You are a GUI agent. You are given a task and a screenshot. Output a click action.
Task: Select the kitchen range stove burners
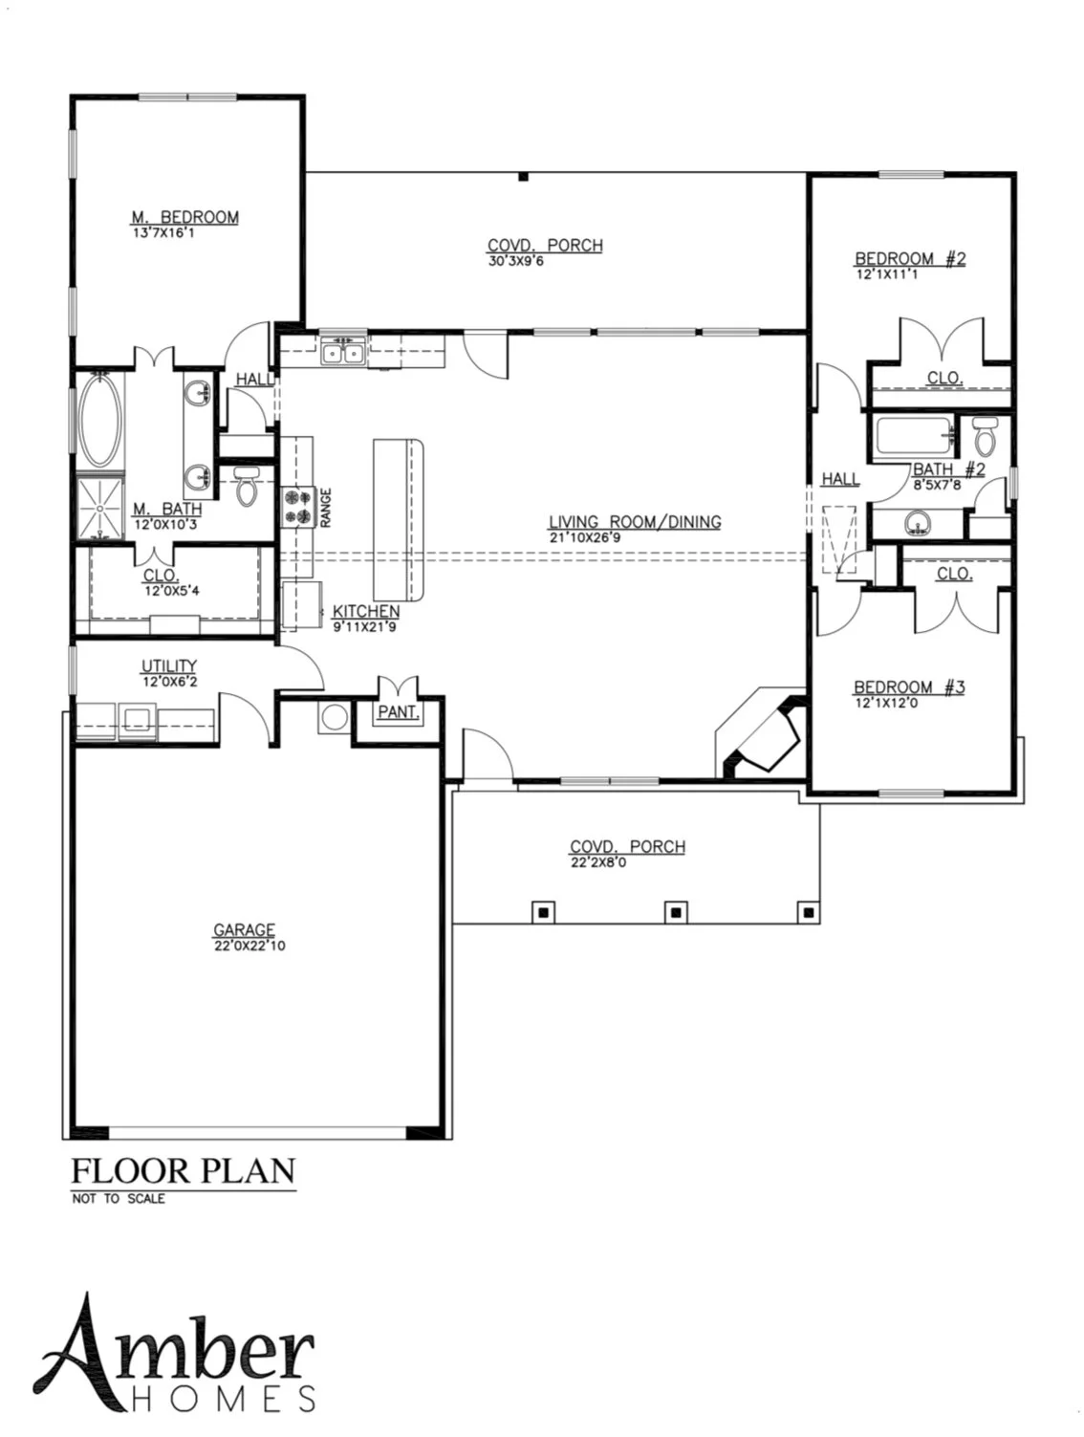296,507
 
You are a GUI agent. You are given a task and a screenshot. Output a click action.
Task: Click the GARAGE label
244,929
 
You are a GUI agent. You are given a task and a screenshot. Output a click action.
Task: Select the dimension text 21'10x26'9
585,537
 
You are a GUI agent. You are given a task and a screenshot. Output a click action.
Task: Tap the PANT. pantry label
397,712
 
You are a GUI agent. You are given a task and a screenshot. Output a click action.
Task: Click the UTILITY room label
169,666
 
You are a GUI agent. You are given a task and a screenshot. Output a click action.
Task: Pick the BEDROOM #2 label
910,258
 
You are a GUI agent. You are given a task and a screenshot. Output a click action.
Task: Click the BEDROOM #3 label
909,686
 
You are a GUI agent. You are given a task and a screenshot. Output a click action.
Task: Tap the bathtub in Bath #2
915,437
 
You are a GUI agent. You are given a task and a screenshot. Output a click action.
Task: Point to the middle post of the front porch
676,911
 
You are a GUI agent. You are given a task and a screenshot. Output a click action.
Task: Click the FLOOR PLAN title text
184,1171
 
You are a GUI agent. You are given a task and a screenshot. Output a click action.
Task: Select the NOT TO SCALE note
118,1199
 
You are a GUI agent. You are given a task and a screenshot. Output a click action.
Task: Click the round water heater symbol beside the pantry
334,718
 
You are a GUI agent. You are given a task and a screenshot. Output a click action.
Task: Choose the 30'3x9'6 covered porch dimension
515,261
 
